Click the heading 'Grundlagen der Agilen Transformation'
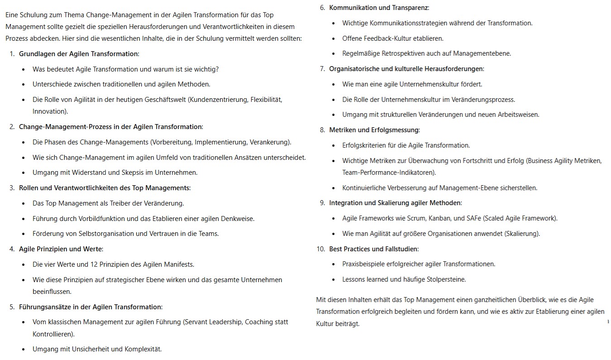[78, 54]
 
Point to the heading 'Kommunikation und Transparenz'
[379, 8]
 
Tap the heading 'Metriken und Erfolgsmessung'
[374, 130]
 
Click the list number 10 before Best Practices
[321, 249]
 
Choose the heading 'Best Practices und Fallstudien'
[373, 249]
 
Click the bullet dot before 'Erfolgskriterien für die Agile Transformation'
[334, 146]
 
